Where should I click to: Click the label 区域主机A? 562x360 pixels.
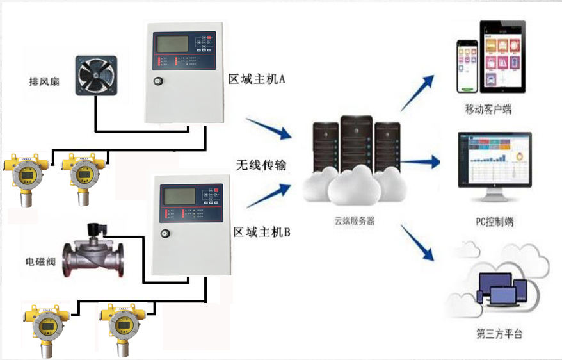click(257, 79)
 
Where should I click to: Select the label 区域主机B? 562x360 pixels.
click(261, 232)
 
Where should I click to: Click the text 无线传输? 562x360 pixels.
click(259, 165)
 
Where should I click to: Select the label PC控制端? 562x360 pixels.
click(494, 222)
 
